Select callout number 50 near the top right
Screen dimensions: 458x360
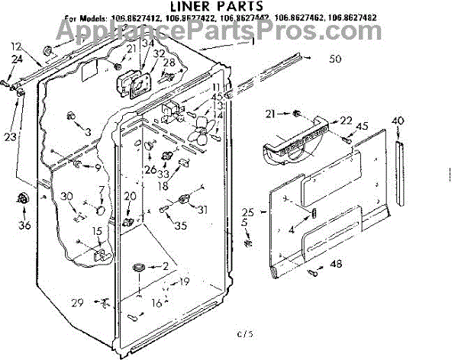(x=335, y=58)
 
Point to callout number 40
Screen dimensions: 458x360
(x=398, y=121)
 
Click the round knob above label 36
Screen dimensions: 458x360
(x=22, y=200)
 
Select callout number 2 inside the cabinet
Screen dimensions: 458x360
(x=164, y=265)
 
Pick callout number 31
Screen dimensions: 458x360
(x=202, y=211)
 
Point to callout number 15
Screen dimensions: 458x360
(x=97, y=231)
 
